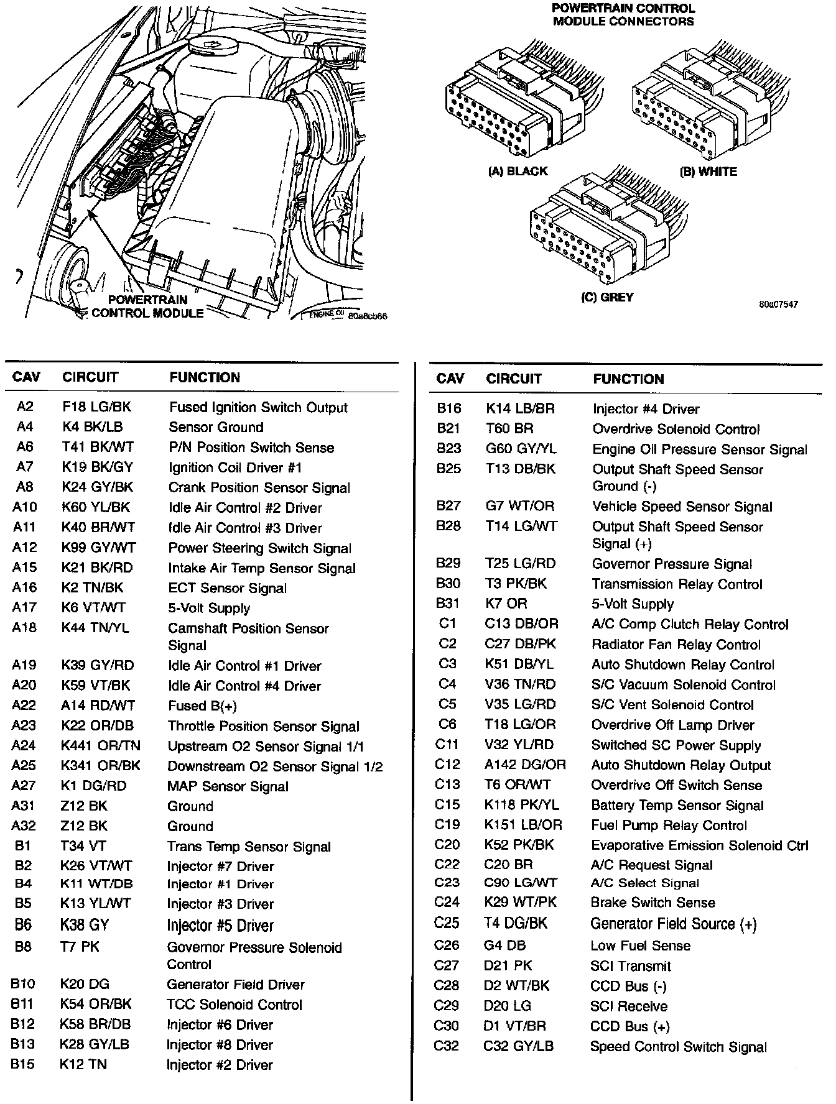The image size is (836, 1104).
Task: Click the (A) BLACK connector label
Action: [x=518, y=172]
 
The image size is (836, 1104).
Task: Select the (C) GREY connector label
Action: [x=607, y=297]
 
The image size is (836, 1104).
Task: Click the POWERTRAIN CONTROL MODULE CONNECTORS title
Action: [x=623, y=15]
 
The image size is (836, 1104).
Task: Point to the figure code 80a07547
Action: [x=778, y=305]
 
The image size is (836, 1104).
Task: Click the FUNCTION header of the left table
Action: [x=205, y=377]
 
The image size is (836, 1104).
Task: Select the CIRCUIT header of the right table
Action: [x=514, y=379]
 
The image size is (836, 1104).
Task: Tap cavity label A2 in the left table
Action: [x=25, y=407]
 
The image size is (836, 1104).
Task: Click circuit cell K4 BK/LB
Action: [x=93, y=427]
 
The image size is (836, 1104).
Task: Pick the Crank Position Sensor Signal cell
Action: [x=259, y=488]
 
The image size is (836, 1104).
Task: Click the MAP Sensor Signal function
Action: [x=228, y=786]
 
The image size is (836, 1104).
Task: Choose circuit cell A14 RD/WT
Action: [x=98, y=706]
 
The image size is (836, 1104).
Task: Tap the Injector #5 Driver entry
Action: [x=220, y=926]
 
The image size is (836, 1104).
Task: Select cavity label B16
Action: [x=448, y=408]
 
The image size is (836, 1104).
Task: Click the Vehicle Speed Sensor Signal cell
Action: [x=682, y=507]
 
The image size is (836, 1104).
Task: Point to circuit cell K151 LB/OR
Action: [x=522, y=825]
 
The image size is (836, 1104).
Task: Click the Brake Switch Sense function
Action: [x=653, y=903]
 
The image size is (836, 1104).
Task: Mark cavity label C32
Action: [x=446, y=1046]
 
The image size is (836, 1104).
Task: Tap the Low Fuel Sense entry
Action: [x=640, y=945]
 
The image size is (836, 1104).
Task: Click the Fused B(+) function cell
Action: [x=202, y=706]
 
